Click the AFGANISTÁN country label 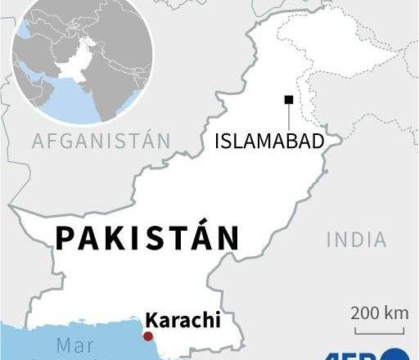(101, 141)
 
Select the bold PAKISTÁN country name (147, 238)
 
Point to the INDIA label (356, 239)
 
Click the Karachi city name (182, 319)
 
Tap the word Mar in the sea (75, 345)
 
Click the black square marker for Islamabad (288, 100)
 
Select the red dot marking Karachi (148, 335)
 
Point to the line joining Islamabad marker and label (288, 117)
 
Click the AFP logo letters (360, 354)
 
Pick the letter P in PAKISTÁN (65, 238)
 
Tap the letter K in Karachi (151, 319)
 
